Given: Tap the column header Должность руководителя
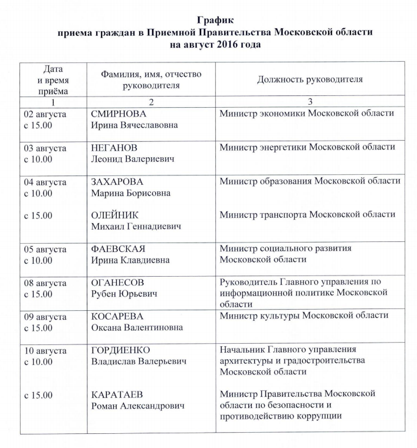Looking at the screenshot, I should click(x=310, y=79).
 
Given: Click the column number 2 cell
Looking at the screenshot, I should click(x=151, y=101).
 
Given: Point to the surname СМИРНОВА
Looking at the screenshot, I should click(x=118, y=114).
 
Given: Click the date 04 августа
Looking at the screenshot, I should click(x=45, y=181).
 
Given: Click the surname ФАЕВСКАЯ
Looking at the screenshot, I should click(x=118, y=248).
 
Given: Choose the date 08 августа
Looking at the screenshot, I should click(x=45, y=283).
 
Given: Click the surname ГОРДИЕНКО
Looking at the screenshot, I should click(x=120, y=350).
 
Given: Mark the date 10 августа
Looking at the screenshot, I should click(x=45, y=350).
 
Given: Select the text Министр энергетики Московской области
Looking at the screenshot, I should click(x=307, y=147).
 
